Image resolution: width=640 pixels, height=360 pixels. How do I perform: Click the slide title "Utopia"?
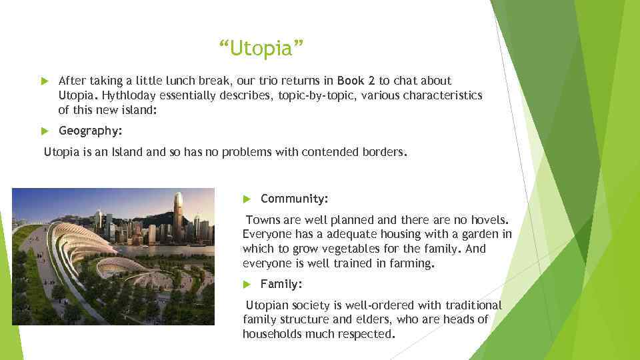click(261, 49)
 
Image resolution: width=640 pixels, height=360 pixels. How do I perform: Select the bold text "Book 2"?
click(357, 81)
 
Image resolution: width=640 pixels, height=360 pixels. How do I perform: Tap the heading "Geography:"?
click(90, 131)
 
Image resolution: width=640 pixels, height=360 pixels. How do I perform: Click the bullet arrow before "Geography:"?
click(45, 131)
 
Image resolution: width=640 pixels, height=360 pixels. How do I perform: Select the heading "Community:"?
click(294, 199)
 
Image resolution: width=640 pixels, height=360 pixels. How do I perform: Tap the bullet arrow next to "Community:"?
click(247, 199)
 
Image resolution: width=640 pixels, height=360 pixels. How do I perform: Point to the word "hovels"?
click(489, 219)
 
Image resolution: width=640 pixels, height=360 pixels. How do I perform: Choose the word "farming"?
click(413, 263)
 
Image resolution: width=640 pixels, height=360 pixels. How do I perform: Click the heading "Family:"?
click(281, 284)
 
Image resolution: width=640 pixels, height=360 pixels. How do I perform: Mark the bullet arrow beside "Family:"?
click(247, 285)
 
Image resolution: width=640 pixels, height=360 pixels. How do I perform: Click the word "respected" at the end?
click(367, 334)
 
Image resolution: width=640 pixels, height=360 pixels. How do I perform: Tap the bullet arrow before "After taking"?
click(45, 81)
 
